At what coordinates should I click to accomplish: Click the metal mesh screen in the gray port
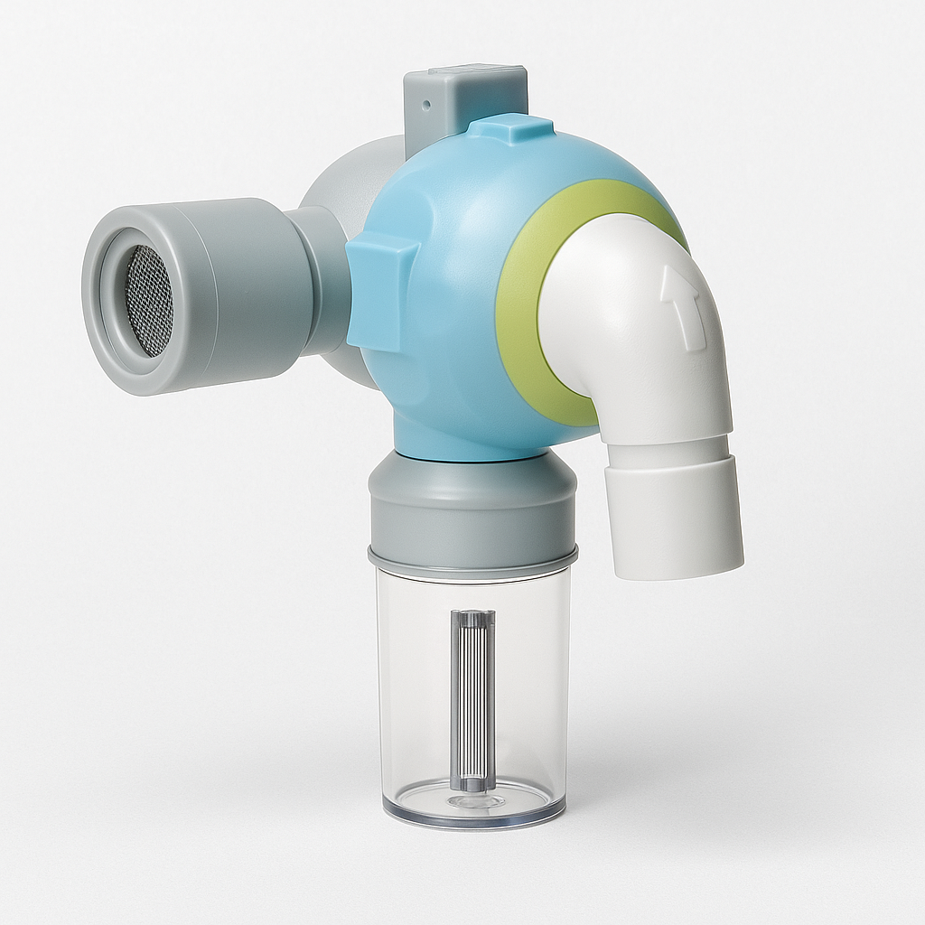click(x=146, y=301)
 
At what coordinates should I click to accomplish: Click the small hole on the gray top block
click(x=425, y=104)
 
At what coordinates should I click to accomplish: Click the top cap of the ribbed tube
click(x=472, y=620)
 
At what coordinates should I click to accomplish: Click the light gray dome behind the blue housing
click(x=348, y=181)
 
